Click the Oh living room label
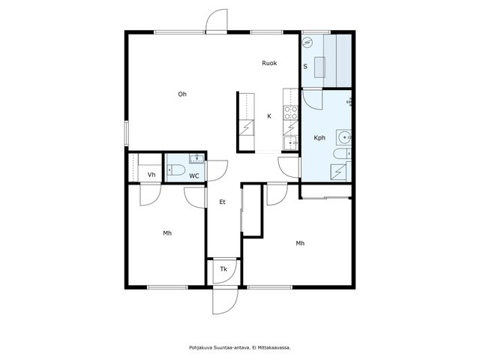click(x=182, y=94)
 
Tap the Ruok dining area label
click(x=269, y=63)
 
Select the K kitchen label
click(x=269, y=116)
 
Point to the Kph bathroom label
click(x=319, y=138)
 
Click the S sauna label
click(x=305, y=67)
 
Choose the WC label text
click(x=194, y=176)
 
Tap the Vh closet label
click(x=151, y=175)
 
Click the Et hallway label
click(x=223, y=202)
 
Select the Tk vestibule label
click(x=223, y=269)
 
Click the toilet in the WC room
click(x=176, y=170)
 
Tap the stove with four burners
click(x=291, y=112)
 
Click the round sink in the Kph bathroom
click(x=343, y=137)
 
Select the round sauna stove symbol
click(x=307, y=42)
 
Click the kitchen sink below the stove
click(x=291, y=143)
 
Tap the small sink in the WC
click(x=196, y=158)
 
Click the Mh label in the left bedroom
click(x=167, y=233)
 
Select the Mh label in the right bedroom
click(x=300, y=243)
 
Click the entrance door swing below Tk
click(x=225, y=301)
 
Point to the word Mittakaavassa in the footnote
click(x=274, y=347)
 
